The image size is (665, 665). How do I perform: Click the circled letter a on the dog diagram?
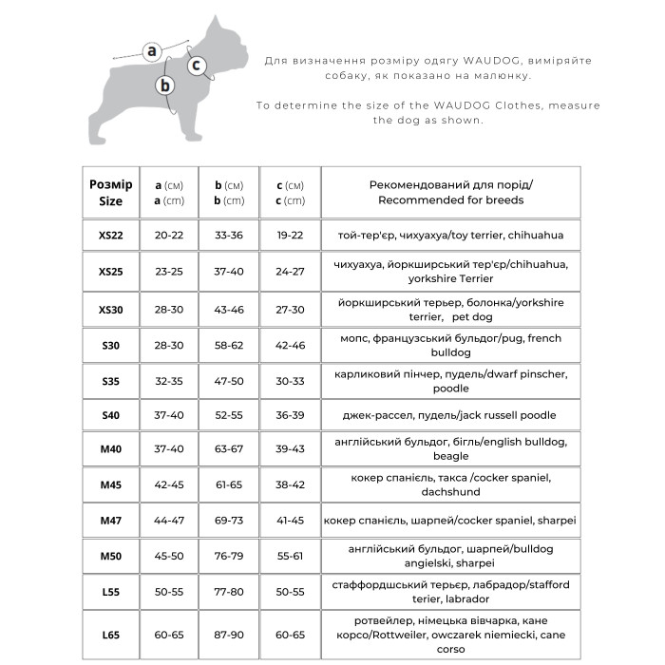[x=151, y=51]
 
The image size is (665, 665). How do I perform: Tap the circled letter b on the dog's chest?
[x=166, y=85]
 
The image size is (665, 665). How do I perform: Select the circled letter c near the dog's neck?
[x=197, y=66]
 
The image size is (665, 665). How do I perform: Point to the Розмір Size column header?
[x=110, y=193]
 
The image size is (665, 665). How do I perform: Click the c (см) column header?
[x=290, y=193]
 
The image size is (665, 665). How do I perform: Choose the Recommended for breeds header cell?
[x=450, y=193]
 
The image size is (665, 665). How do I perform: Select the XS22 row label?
[x=110, y=235]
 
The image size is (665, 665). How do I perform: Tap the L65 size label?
[x=110, y=634]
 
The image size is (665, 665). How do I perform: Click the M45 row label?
[x=110, y=484]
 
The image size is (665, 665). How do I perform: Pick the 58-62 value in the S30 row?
[x=229, y=346]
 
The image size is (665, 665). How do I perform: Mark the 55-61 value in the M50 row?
[x=290, y=556]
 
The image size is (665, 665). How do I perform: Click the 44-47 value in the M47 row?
[x=170, y=521]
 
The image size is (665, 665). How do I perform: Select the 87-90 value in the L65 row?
[x=229, y=634]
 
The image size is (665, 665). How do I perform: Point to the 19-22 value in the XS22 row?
[x=290, y=235]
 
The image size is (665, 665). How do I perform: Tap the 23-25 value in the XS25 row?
[x=170, y=272]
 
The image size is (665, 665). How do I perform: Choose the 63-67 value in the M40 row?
[x=229, y=448]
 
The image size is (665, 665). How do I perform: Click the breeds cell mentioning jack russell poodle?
[x=450, y=415]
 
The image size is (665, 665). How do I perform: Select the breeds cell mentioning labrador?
[x=450, y=592]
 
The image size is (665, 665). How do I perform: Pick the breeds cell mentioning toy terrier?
[x=450, y=235]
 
